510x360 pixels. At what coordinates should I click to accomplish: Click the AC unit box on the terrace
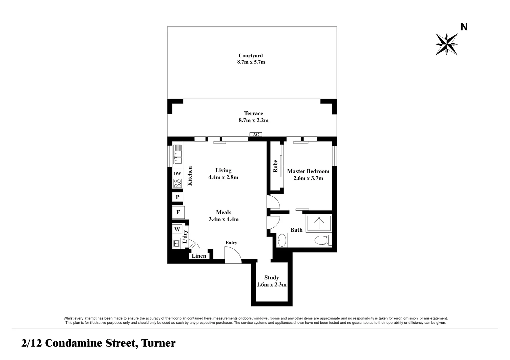tap(256, 134)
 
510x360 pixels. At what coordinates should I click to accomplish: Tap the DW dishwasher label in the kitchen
tap(177, 174)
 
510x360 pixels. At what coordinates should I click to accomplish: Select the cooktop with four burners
tap(177, 183)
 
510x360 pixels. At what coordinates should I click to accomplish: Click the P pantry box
tap(177, 197)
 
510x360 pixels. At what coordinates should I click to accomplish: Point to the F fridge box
tap(178, 212)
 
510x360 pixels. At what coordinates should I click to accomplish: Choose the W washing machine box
tap(177, 229)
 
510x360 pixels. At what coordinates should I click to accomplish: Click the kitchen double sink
tap(177, 154)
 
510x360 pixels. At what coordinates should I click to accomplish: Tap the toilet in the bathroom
tap(323, 240)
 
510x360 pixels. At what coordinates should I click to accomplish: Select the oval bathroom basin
tap(282, 240)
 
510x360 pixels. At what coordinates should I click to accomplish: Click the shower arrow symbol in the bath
tap(319, 223)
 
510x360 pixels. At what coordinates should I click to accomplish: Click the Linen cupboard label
tap(199, 256)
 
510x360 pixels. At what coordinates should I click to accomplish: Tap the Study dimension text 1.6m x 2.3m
tap(272, 284)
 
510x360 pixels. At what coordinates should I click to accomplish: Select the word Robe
tap(275, 166)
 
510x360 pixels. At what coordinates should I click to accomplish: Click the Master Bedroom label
tap(308, 171)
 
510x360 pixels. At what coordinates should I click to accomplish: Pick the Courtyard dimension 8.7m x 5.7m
tap(251, 62)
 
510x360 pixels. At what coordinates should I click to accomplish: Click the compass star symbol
tap(447, 44)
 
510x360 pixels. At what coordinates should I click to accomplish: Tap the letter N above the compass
tap(464, 27)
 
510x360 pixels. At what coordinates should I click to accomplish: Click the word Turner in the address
tap(158, 343)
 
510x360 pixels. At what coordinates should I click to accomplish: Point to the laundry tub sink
tap(176, 243)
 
